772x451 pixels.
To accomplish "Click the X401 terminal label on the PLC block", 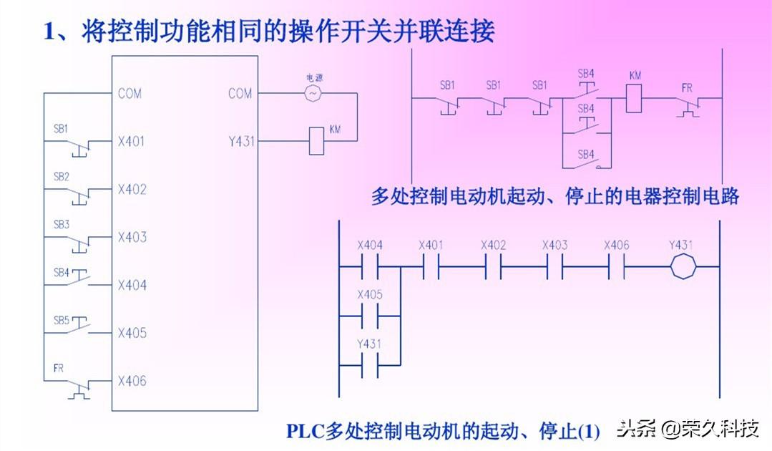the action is (132, 141).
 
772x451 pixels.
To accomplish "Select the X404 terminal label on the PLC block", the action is (132, 285).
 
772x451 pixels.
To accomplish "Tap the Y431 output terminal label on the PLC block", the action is (241, 141).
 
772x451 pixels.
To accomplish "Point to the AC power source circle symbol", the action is (313, 93).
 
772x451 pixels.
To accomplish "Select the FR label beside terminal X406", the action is (59, 369).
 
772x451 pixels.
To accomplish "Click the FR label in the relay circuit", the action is (687, 87).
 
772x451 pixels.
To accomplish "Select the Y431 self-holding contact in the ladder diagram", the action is (370, 364).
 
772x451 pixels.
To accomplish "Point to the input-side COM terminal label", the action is (130, 93).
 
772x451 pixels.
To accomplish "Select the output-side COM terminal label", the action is (240, 93).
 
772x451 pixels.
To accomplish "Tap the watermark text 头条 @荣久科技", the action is (688, 429).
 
